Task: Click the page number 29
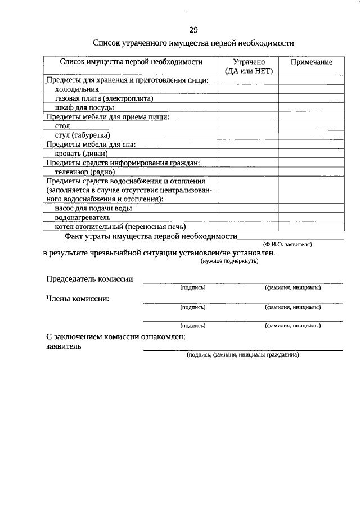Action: (193, 29)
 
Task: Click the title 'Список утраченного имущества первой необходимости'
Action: (193, 43)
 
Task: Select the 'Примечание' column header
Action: (311, 62)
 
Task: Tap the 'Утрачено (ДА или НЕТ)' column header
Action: (248, 66)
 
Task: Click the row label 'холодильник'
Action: (77, 89)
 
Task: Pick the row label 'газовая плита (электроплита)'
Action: (104, 98)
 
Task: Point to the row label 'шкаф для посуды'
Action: (84, 107)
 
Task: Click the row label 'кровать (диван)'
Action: (81, 154)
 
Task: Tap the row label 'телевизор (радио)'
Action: (84, 172)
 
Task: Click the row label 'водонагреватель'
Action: (83, 217)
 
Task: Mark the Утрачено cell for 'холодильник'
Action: (248, 89)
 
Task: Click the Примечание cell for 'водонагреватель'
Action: (311, 217)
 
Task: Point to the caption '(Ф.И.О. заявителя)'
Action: (287, 245)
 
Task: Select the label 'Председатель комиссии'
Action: (89, 279)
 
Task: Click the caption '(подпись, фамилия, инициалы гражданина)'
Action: (243, 355)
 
